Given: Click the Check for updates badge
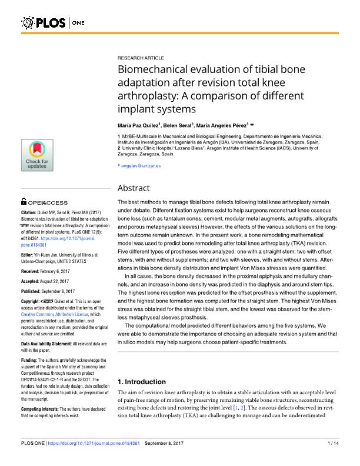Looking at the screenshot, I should click(x=36, y=156).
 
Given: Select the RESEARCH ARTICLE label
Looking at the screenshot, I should click(x=139, y=59).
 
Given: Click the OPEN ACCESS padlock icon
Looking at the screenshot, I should click(x=23, y=201).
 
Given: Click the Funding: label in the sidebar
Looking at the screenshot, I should click(x=31, y=360).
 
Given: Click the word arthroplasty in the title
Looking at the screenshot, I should click(x=151, y=96).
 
